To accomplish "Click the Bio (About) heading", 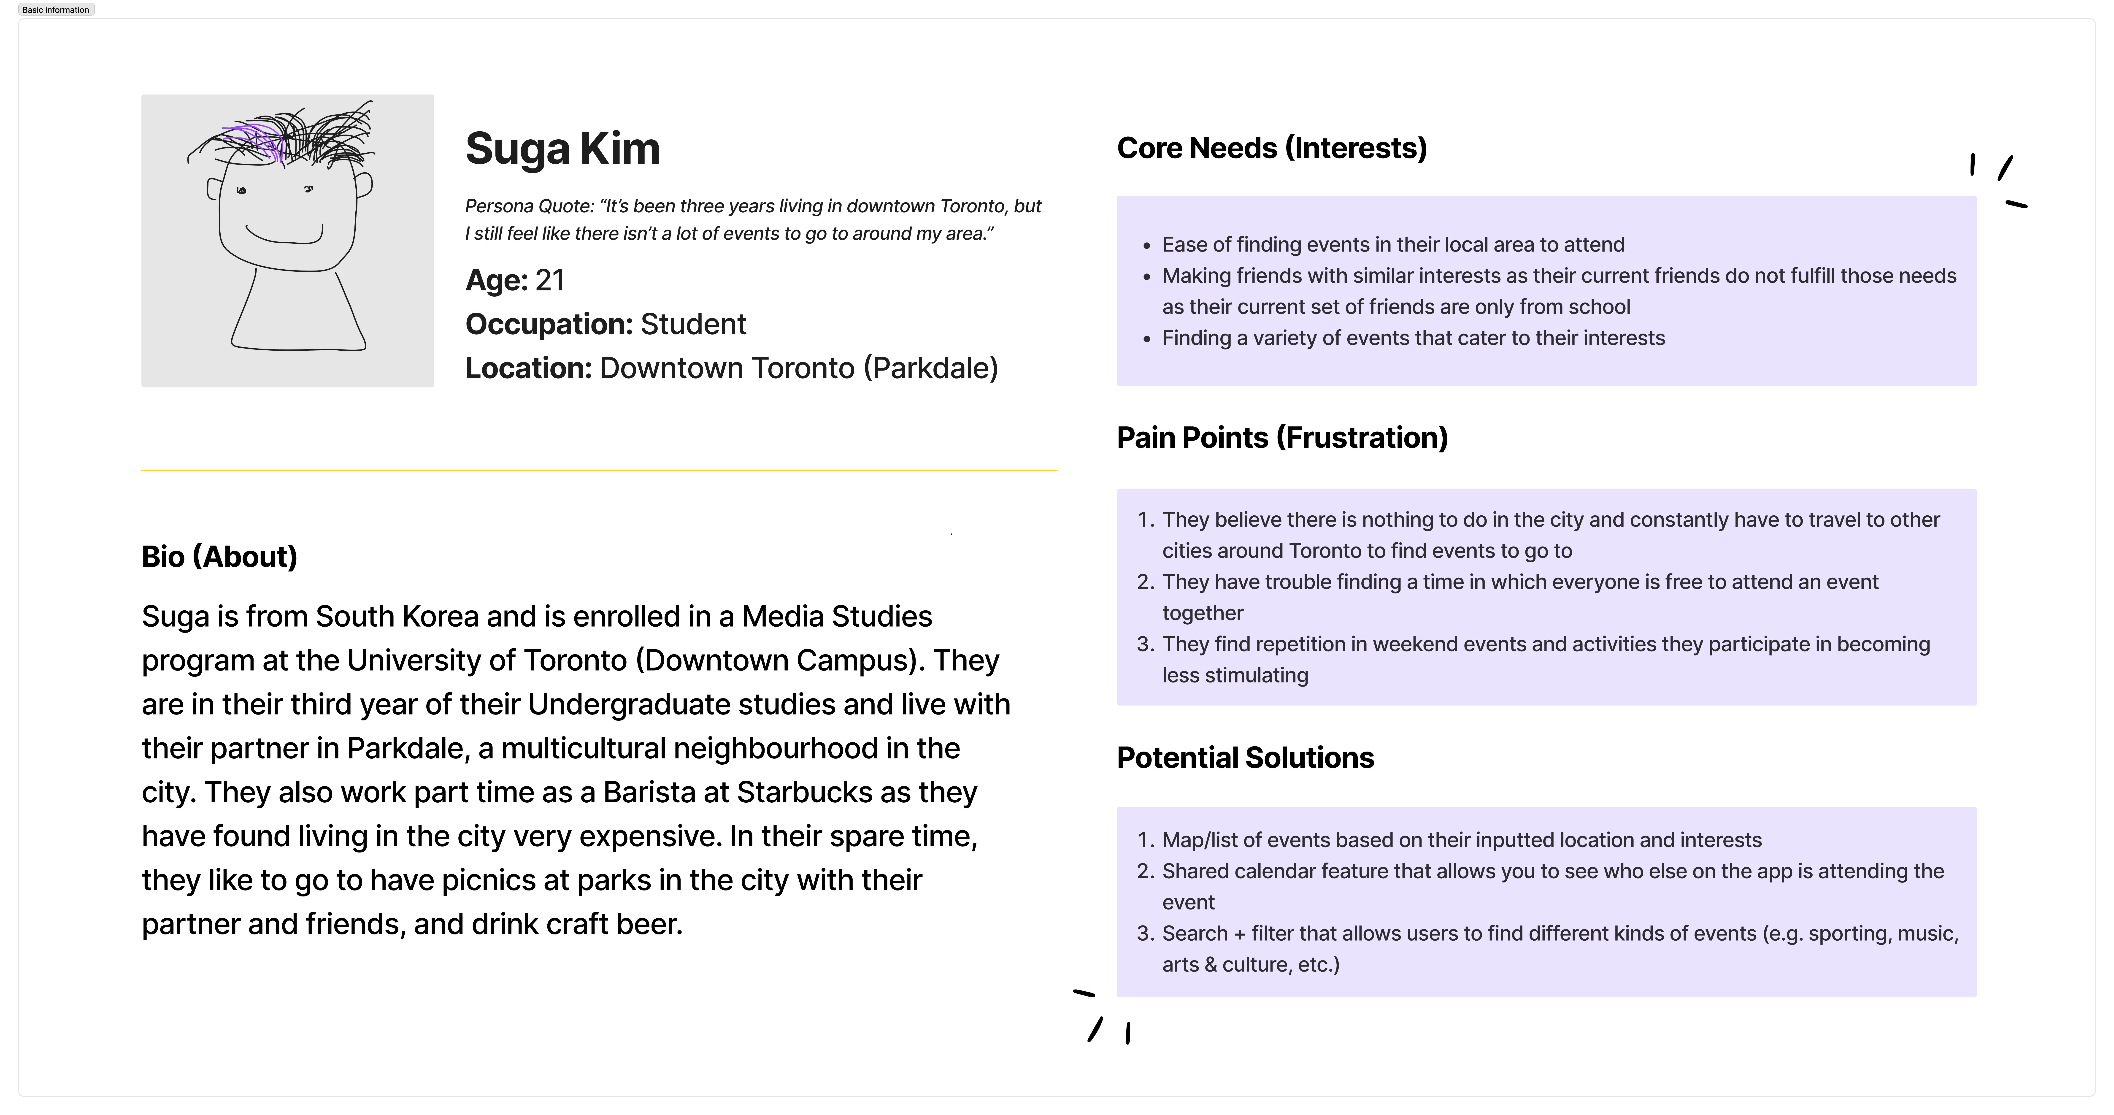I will coord(219,557).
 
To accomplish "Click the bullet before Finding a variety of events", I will coord(1147,339).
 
